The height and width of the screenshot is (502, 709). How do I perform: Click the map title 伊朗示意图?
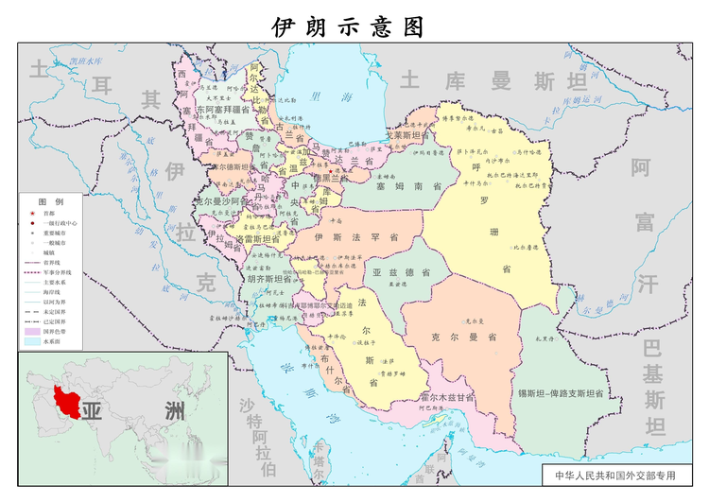(347, 25)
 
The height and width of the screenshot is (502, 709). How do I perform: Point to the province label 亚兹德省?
(400, 272)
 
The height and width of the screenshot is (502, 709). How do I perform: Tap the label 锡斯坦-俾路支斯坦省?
(560, 391)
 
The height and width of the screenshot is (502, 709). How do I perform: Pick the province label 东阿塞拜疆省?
(223, 111)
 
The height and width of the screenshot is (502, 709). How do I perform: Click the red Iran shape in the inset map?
(68, 399)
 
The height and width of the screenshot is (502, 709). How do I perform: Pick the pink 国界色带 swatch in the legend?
(31, 332)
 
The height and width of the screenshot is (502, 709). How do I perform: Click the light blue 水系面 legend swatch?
(31, 342)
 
